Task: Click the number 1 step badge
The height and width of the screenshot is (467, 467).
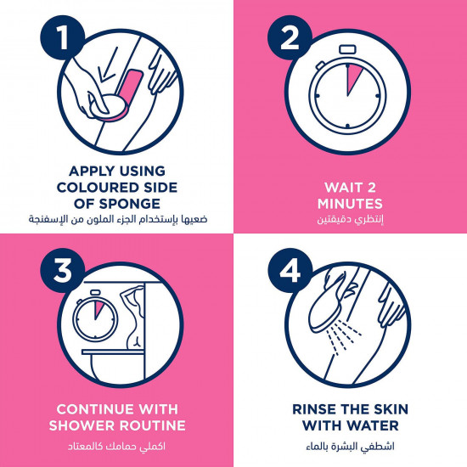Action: point(63,37)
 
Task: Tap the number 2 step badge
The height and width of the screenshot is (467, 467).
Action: point(290,37)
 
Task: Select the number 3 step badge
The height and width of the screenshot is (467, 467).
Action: point(63,270)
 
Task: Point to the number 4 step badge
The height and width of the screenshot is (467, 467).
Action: point(290,270)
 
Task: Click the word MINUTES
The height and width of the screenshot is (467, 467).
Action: point(350,204)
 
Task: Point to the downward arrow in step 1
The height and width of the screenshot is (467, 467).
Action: point(107,65)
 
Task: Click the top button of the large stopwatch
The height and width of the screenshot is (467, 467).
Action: point(347,49)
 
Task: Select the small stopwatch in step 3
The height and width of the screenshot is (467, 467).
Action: point(95,317)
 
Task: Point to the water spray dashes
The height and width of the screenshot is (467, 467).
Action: point(343,337)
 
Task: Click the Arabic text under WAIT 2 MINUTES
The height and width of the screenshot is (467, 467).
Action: point(350,219)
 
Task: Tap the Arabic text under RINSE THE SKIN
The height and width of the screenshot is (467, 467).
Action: point(350,447)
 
